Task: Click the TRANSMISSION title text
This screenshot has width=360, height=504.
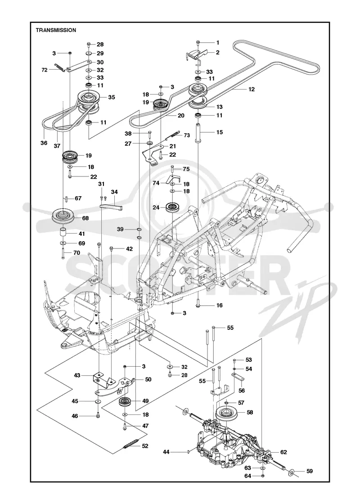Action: [56, 30]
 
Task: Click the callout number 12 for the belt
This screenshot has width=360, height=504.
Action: [252, 90]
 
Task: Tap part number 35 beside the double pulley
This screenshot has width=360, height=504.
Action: [111, 97]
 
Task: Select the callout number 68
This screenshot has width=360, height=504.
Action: [85, 218]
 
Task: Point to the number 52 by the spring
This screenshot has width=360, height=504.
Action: [145, 446]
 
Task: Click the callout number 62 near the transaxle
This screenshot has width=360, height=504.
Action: [283, 452]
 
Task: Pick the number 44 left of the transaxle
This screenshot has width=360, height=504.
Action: [166, 452]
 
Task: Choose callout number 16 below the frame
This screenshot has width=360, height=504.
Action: [219, 306]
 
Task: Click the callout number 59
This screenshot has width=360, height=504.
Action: [309, 472]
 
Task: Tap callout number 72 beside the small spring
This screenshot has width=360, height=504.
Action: [45, 70]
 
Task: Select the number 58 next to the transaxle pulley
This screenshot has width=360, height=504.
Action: [249, 412]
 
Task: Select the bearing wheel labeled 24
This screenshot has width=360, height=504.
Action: [173, 207]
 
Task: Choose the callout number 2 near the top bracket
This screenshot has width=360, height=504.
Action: [218, 52]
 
